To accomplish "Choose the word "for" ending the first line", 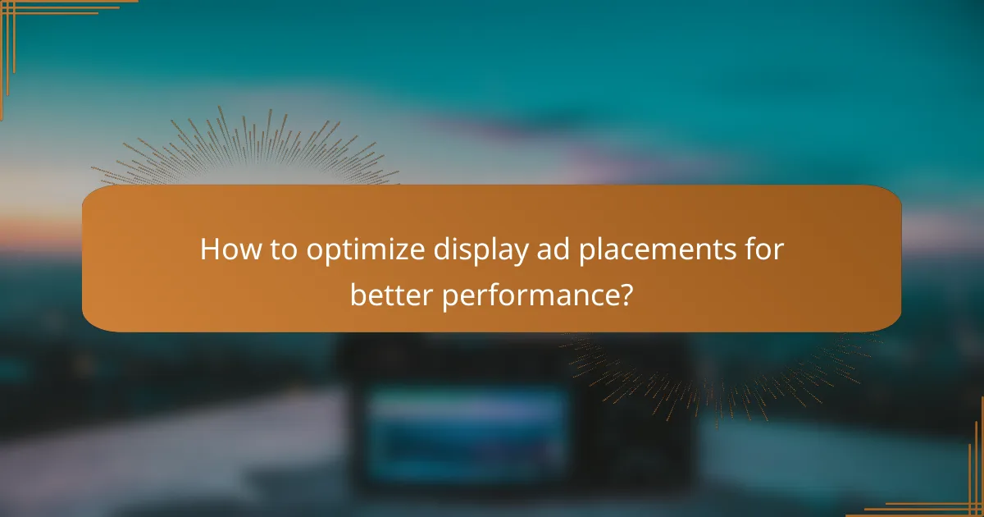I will pyautogui.click(x=764, y=249).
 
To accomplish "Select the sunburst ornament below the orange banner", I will pyautogui.click(x=722, y=369).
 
